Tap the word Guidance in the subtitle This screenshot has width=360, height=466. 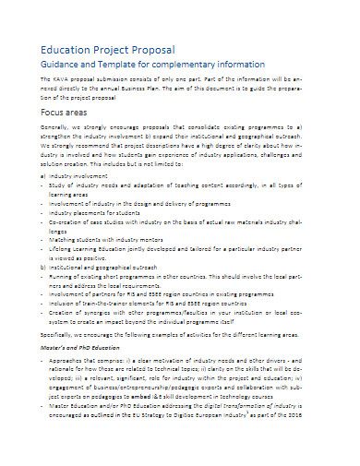pyautogui.click(x=51, y=66)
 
